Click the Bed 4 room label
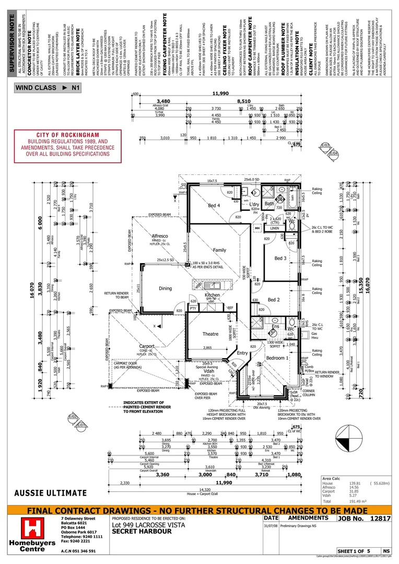[x=214, y=206]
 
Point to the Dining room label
[x=165, y=288]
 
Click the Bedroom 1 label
[x=277, y=358]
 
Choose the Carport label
[x=148, y=346]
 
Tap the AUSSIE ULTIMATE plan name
[x=50, y=492]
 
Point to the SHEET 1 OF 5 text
[x=354, y=551]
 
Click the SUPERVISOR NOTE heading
[x=11, y=40]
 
